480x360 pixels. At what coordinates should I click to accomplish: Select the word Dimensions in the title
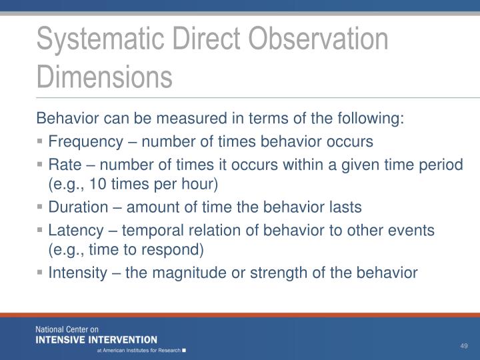[104, 75]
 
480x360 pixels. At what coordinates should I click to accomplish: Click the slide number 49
[465, 345]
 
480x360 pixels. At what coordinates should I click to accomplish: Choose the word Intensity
[75, 273]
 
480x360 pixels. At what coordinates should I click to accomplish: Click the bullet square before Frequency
[41, 142]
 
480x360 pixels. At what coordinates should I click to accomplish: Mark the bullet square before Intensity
[41, 273]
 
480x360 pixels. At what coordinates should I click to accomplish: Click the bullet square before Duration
[41, 208]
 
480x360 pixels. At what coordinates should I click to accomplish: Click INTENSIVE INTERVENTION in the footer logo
[97, 339]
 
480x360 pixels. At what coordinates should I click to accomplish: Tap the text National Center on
[67, 329]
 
